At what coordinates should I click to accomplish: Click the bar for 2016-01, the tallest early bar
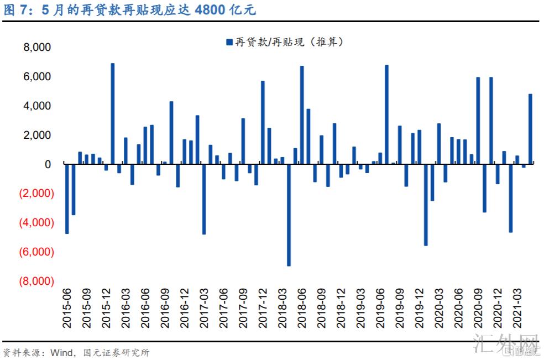click(112, 113)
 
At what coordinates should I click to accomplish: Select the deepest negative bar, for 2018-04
click(289, 215)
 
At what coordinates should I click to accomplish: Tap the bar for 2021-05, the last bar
click(530, 128)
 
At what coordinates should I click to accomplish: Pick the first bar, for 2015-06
click(67, 198)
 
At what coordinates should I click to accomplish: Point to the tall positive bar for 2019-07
click(386, 114)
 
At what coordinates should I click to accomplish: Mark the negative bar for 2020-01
click(426, 204)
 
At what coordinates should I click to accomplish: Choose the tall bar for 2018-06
click(302, 114)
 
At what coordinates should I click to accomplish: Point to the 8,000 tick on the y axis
click(37, 48)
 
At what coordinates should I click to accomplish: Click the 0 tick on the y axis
click(48, 164)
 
